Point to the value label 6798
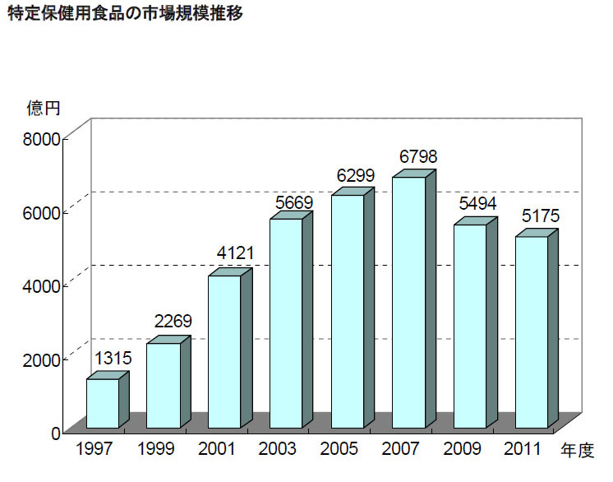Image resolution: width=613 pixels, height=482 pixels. point(417,156)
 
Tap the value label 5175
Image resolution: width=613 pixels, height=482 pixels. point(540,216)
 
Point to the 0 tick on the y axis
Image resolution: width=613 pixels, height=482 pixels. point(56,433)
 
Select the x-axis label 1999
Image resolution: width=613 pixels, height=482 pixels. point(155,450)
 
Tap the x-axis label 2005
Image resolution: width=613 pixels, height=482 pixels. point(339,450)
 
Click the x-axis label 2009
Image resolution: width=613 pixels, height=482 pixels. point(461,450)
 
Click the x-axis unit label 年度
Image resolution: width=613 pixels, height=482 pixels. point(577,451)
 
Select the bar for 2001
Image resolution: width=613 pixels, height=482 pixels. point(224,351)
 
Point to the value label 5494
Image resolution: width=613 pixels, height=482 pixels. point(478,204)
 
